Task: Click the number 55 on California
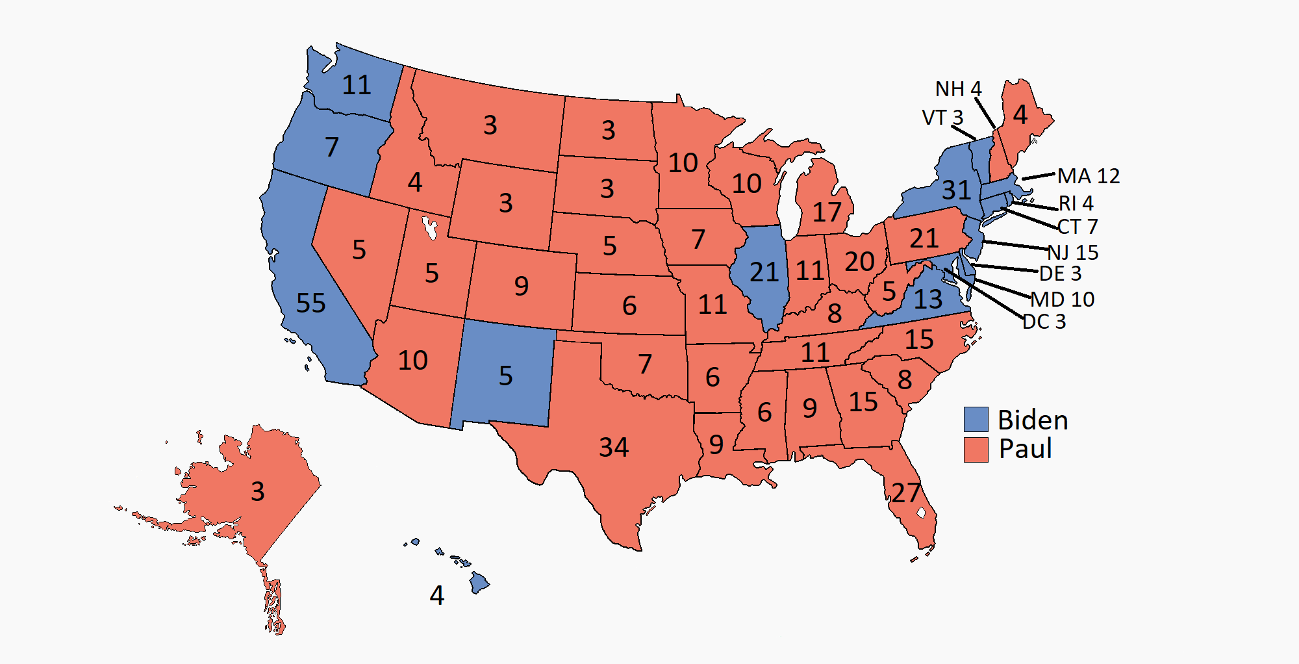pos(310,303)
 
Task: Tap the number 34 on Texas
pos(613,447)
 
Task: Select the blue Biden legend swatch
pos(976,419)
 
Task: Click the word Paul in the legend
pos(1025,449)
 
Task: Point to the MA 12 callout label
pos(1089,176)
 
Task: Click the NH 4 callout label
pos(958,89)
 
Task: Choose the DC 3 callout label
pos(1044,322)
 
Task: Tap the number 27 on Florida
pos(905,493)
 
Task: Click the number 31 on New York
pos(956,190)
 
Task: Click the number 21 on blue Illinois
pos(764,272)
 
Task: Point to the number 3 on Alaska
pos(257,491)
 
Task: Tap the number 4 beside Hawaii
pos(437,595)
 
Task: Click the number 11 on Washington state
pos(357,85)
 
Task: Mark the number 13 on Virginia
pos(927,300)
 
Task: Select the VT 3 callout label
pos(942,118)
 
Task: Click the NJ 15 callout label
pos(1073,252)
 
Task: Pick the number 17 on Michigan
pos(827,212)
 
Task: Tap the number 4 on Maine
pos(1020,115)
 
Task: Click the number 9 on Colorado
pos(521,286)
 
